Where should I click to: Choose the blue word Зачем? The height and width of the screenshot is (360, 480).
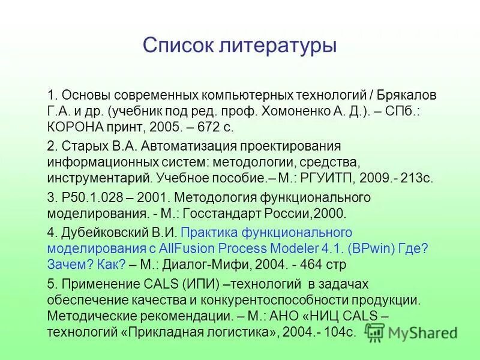tap(67, 265)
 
